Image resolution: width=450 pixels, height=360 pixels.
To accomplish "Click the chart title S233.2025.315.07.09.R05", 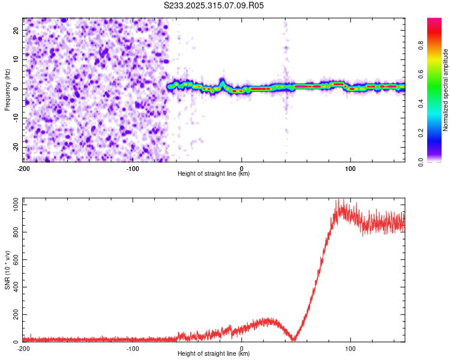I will coord(214,5).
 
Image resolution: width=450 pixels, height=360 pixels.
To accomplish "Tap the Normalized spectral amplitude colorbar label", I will coord(446,90).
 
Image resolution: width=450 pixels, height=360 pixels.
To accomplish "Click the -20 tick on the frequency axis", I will coord(17,147).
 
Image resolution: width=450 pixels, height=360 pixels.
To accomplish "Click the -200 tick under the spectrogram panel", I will coord(23,168).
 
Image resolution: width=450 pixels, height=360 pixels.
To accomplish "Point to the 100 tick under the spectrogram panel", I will coord(350,168).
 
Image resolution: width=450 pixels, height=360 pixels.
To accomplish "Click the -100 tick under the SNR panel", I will coord(133,348).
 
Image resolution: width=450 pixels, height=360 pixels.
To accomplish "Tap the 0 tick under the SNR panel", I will coord(242,348).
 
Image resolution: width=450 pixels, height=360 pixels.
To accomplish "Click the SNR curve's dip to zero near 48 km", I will coord(294,340).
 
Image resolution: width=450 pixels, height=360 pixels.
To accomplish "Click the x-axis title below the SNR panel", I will coord(214,354).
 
